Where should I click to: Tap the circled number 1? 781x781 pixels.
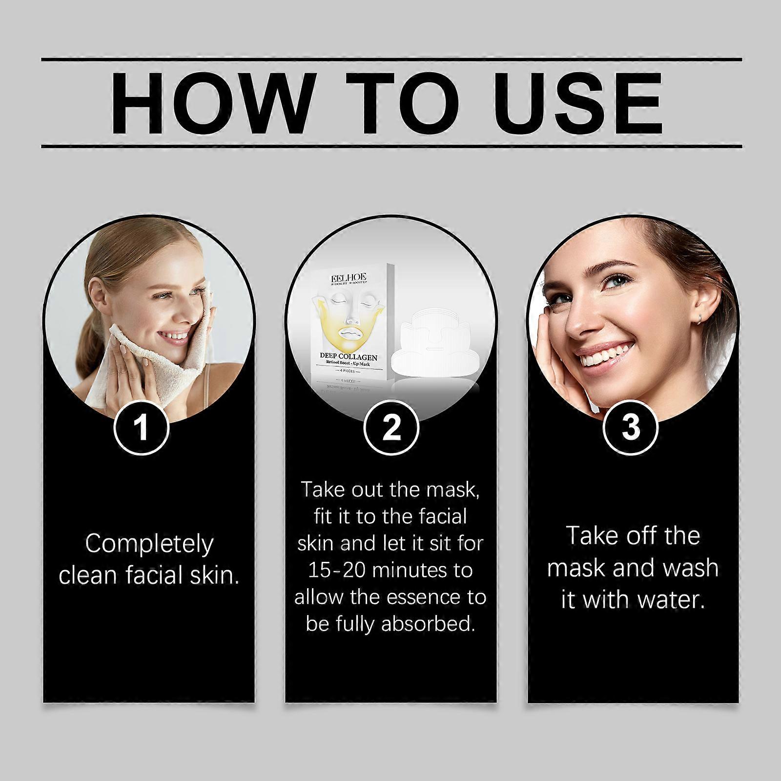coord(142,427)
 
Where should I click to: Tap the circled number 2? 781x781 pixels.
coord(391,427)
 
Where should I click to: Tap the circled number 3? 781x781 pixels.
coord(631,427)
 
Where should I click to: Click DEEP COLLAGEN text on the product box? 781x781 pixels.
coord(349,357)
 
